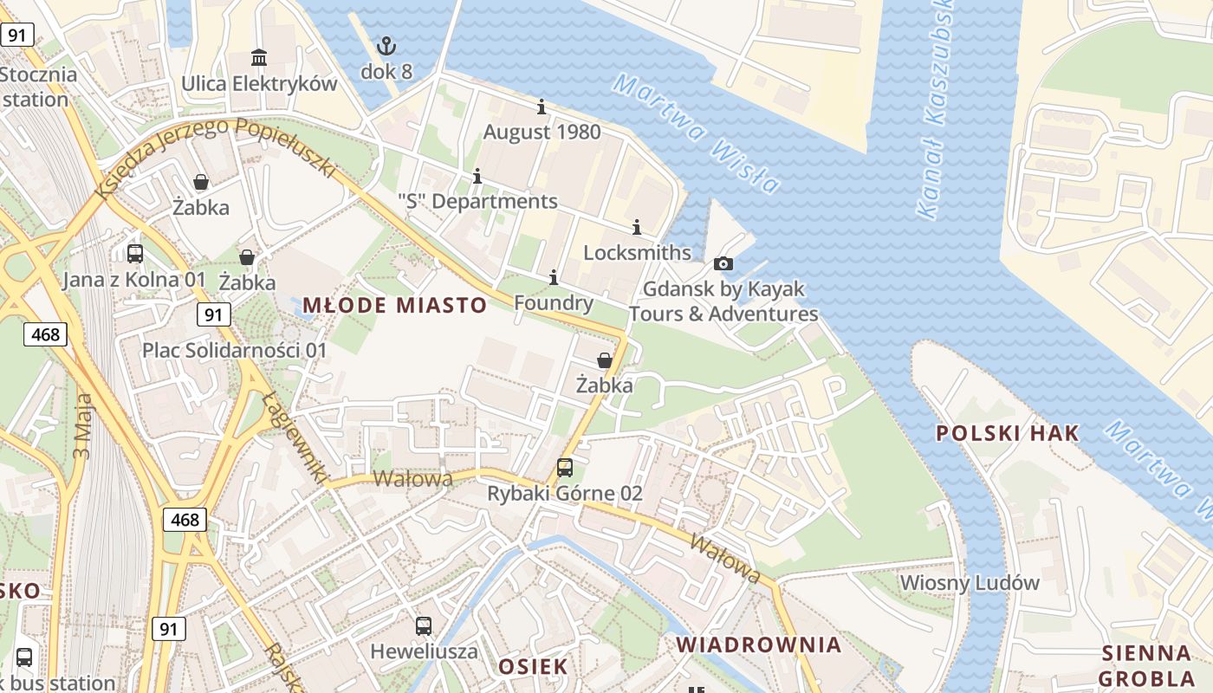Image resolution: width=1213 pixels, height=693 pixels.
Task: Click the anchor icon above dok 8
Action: (386, 45)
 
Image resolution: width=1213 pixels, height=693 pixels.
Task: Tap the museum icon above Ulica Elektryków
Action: (259, 58)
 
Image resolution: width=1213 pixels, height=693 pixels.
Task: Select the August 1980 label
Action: (542, 133)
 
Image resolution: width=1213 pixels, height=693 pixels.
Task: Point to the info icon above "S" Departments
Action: (477, 177)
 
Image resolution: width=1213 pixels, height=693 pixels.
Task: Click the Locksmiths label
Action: (637, 253)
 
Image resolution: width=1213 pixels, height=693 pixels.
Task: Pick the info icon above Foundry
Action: (554, 277)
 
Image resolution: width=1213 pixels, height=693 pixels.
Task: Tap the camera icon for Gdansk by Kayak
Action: (723, 263)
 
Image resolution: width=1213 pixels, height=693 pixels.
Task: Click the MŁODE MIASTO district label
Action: (395, 305)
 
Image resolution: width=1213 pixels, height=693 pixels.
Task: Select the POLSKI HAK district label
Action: (1008, 433)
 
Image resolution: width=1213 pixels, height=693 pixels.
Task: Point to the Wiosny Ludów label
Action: (970, 582)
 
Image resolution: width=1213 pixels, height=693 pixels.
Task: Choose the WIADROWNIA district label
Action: (759, 644)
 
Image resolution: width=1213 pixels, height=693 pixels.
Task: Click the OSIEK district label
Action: (533, 666)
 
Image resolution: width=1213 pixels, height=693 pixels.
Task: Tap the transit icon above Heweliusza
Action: (424, 625)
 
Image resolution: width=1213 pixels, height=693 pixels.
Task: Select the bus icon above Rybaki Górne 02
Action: (565, 468)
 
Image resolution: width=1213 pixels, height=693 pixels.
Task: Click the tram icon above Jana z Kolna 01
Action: (135, 253)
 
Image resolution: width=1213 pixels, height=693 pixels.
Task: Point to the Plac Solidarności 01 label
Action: (235, 350)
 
